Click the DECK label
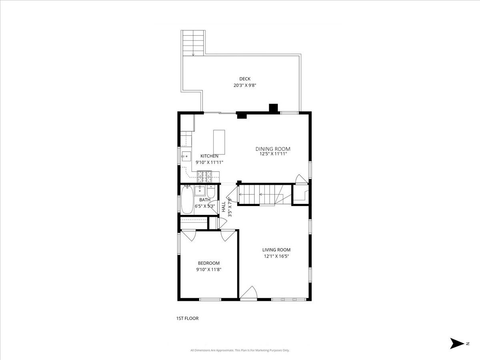245,79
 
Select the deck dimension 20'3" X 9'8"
245,85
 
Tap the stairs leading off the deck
193,43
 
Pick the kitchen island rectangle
219,142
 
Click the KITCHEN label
209,156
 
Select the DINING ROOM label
273,149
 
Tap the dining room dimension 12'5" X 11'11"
273,154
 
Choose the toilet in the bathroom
212,192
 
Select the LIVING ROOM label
276,250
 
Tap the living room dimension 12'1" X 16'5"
276,256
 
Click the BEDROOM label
209,263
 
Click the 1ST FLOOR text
187,318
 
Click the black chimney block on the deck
273,108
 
